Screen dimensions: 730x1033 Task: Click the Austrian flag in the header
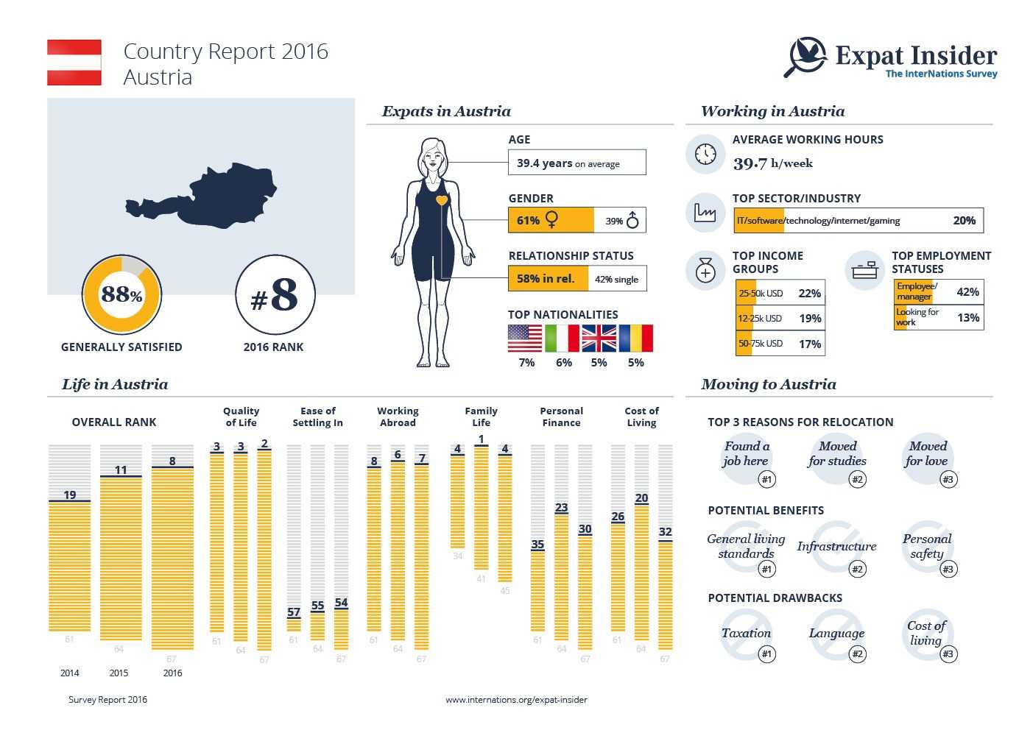[74, 63]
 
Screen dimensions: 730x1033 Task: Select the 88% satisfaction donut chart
[121, 294]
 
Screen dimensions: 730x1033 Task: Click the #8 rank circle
[275, 295]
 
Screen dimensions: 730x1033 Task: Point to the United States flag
[525, 339]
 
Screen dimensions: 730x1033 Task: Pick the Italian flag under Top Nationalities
[562, 339]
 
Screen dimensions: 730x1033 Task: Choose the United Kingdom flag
[599, 339]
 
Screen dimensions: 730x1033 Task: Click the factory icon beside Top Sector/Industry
[705, 213]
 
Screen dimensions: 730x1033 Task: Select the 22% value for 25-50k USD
[809, 294]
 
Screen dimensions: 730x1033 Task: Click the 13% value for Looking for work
[967, 318]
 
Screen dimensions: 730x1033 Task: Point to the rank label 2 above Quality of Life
[264, 444]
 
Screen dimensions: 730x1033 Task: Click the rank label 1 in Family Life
[481, 440]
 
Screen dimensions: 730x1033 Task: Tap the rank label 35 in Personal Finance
[537, 545]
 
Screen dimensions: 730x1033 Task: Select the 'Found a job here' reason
[746, 454]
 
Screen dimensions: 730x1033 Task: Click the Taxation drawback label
[746, 633]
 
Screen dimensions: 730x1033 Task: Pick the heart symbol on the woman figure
[441, 200]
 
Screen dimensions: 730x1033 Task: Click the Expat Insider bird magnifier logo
[806, 56]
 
